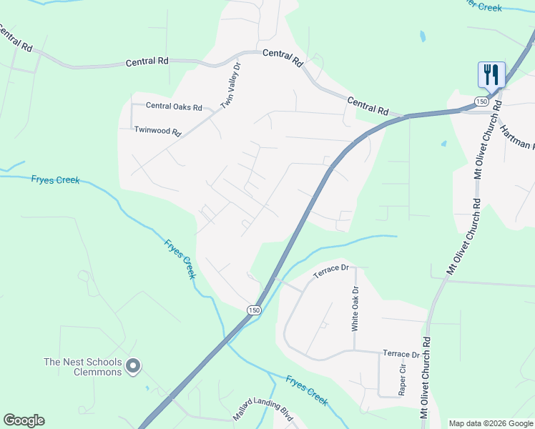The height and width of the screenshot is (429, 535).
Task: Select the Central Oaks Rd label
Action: point(174,106)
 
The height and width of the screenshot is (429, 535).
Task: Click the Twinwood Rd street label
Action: point(158,131)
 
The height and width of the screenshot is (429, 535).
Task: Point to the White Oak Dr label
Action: point(354,308)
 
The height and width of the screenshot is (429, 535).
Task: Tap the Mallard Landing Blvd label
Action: point(263,415)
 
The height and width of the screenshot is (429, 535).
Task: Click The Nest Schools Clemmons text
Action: point(82,367)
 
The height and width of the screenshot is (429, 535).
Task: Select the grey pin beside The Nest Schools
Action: point(132,366)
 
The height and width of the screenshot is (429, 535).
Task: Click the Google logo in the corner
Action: point(24,420)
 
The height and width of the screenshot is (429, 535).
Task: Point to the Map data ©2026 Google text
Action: point(491,423)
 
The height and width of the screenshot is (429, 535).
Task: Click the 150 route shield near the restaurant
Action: point(481,102)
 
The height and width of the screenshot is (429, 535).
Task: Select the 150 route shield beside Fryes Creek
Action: point(254,310)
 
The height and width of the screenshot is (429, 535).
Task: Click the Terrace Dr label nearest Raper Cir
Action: point(401,354)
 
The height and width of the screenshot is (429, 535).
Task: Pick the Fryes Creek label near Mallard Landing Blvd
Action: point(307,390)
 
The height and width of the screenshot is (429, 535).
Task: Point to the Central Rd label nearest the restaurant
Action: point(368,107)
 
